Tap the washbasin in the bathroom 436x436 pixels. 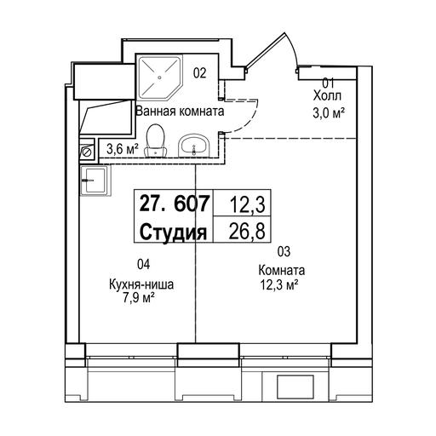(x=193, y=146)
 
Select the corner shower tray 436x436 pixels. (x=159, y=77)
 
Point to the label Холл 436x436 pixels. (x=327, y=96)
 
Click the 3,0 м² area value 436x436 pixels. (x=329, y=113)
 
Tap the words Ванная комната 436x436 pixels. (x=180, y=112)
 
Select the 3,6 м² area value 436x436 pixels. (x=123, y=149)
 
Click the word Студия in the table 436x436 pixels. (x=173, y=232)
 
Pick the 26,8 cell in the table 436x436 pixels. (x=247, y=231)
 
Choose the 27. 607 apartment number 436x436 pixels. (x=175, y=204)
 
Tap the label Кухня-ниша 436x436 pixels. (x=141, y=284)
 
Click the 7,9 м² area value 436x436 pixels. (x=138, y=298)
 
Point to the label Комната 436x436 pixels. (x=282, y=270)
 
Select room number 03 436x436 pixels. (x=284, y=251)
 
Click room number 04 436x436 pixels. (x=143, y=264)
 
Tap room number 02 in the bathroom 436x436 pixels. (x=199, y=73)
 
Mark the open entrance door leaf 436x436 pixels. (x=265, y=51)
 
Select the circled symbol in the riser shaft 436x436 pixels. (x=87, y=152)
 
